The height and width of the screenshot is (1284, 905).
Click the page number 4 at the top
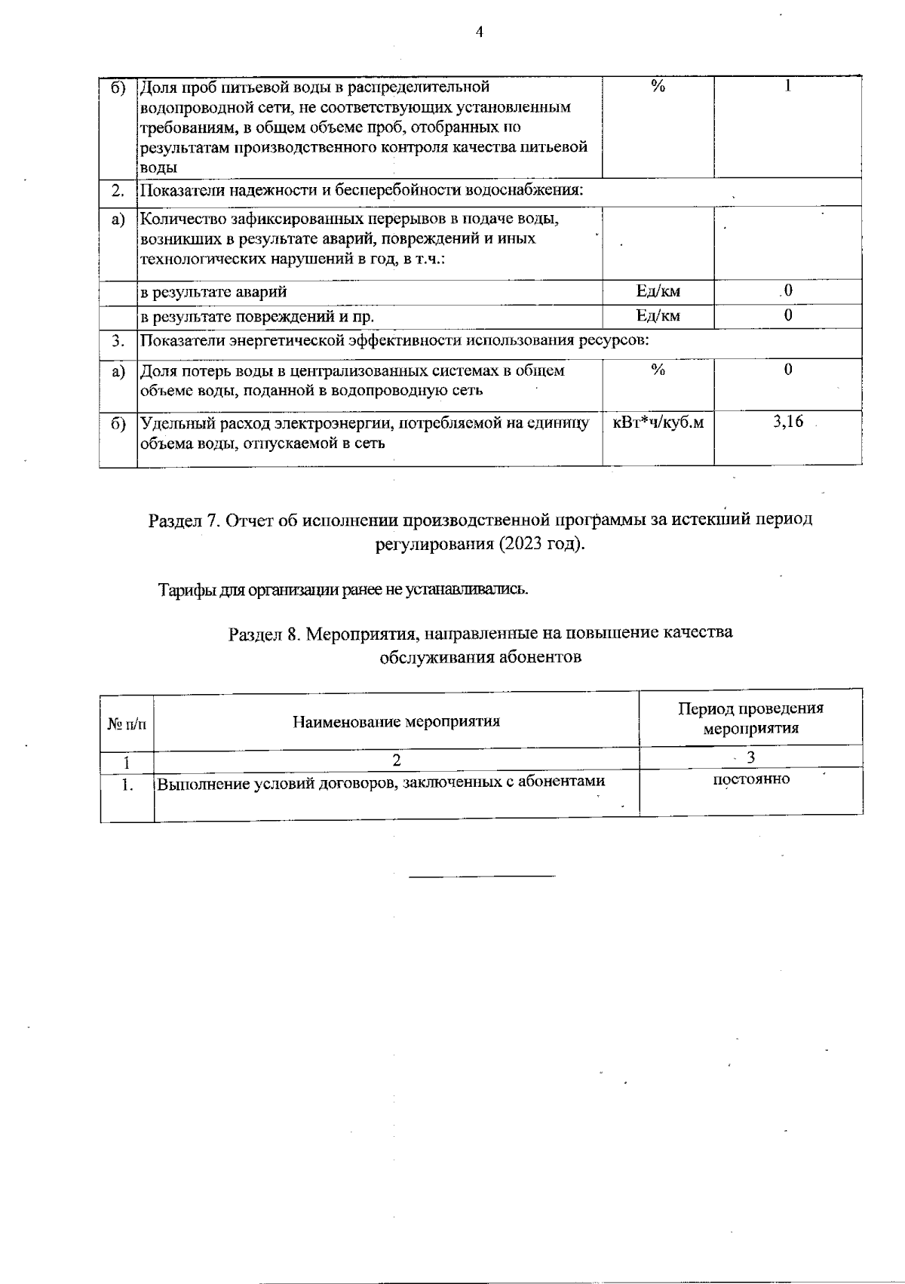coord(480,32)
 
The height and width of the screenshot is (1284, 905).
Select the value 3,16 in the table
coord(787,422)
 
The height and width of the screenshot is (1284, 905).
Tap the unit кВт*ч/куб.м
coord(658,422)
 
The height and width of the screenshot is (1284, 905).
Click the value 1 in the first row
coord(787,86)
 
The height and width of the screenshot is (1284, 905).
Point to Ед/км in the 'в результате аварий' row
coord(658,291)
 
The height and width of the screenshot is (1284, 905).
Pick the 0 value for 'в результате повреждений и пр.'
coord(787,316)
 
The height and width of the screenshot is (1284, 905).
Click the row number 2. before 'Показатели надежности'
coord(118,190)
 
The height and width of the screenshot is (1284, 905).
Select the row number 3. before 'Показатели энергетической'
coord(118,341)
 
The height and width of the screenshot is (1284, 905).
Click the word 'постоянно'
coord(751,779)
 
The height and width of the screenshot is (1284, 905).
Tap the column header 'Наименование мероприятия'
coord(396,721)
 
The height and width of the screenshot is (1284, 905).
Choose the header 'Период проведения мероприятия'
coord(750,718)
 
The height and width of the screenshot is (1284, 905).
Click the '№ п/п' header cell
coord(127,723)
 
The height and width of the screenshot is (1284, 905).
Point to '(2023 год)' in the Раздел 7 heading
coord(541,544)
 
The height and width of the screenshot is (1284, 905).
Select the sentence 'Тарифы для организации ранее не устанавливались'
coord(343,589)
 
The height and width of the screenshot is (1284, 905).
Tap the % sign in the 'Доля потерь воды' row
coord(658,370)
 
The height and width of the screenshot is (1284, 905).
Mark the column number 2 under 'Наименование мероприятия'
coord(396,759)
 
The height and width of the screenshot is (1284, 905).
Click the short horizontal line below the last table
coord(482,876)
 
